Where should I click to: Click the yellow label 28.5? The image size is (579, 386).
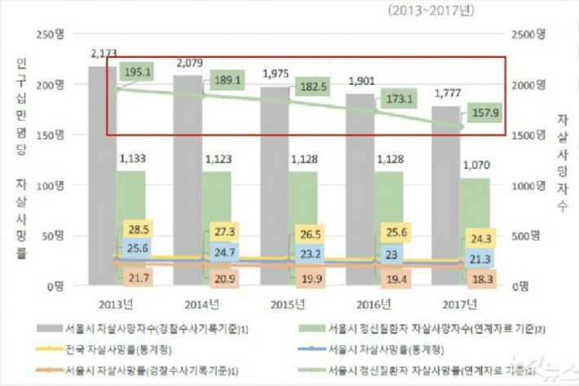(139, 226)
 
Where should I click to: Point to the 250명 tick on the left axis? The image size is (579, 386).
(52, 34)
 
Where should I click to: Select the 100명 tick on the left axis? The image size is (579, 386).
(52, 185)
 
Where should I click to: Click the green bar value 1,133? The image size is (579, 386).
(133, 159)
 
